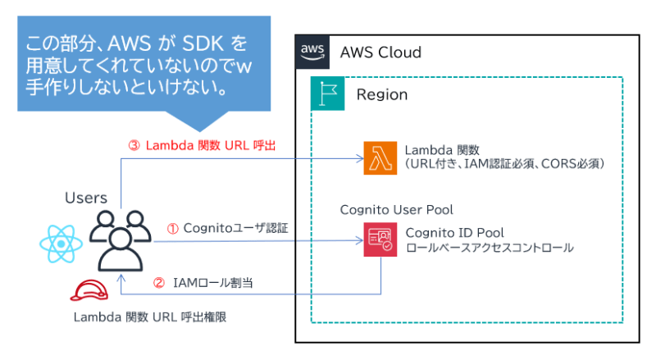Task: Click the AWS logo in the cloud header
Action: (312, 52)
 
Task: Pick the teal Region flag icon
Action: (327, 94)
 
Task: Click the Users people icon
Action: (121, 240)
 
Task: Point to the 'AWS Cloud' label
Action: (380, 53)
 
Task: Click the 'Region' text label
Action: (381, 95)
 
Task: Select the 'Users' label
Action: (86, 198)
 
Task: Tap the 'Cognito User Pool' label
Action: (397, 210)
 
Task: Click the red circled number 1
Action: (172, 228)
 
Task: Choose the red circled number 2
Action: (160, 283)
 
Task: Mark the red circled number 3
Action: (134, 145)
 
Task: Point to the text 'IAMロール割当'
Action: (212, 283)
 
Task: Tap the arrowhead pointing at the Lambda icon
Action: (358, 158)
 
